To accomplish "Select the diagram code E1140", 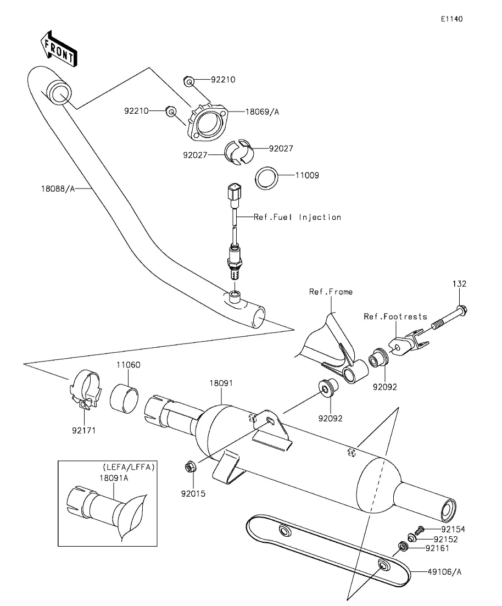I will [451, 19].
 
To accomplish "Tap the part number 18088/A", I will [58, 188].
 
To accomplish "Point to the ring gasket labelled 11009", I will [266, 178].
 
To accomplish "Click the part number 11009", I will [307, 176].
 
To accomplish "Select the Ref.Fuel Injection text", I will [297, 217].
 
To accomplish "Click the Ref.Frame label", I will [331, 292].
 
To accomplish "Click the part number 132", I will [459, 284].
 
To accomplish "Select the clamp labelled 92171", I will [86, 391].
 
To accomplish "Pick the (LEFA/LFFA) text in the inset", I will [128, 467].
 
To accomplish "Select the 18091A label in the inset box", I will [115, 478].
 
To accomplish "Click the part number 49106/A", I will [444, 572].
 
